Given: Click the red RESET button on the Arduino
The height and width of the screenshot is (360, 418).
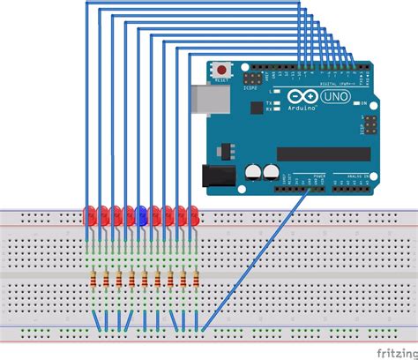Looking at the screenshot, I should pyautogui.click(x=222, y=68).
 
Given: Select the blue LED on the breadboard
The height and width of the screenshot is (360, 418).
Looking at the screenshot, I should pyautogui.click(x=141, y=213).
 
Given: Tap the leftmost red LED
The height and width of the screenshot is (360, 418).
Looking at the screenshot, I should pyautogui.click(x=90, y=214).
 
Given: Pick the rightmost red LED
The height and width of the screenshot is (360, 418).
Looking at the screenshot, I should pyautogui.click(x=194, y=214).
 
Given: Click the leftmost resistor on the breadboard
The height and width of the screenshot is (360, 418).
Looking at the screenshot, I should pyautogui.click(x=93, y=281).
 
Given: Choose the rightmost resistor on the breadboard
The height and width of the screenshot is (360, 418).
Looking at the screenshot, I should pyautogui.click(x=196, y=281).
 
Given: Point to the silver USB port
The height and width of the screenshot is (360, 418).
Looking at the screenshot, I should pyautogui.click(x=204, y=99).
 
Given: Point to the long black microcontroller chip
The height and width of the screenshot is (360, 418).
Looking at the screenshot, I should pyautogui.click(x=324, y=154).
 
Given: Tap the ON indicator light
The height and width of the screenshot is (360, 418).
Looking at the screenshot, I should pyautogui.click(x=363, y=103).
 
